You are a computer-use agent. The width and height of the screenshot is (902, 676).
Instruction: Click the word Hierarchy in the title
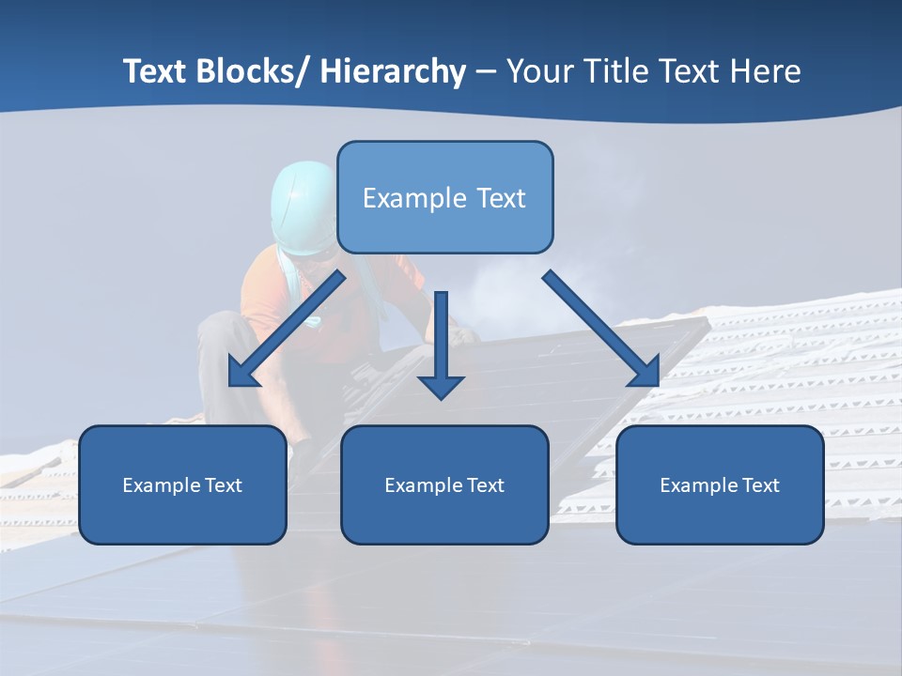click(x=393, y=72)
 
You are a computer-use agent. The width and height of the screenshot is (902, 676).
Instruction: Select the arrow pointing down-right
click(x=601, y=329)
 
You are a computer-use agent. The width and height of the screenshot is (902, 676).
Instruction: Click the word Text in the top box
click(x=501, y=198)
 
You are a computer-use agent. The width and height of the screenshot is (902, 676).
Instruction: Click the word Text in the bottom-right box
click(x=760, y=485)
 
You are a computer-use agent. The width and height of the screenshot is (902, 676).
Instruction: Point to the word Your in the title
click(x=536, y=72)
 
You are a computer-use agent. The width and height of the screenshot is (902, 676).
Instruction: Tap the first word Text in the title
click(x=153, y=72)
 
